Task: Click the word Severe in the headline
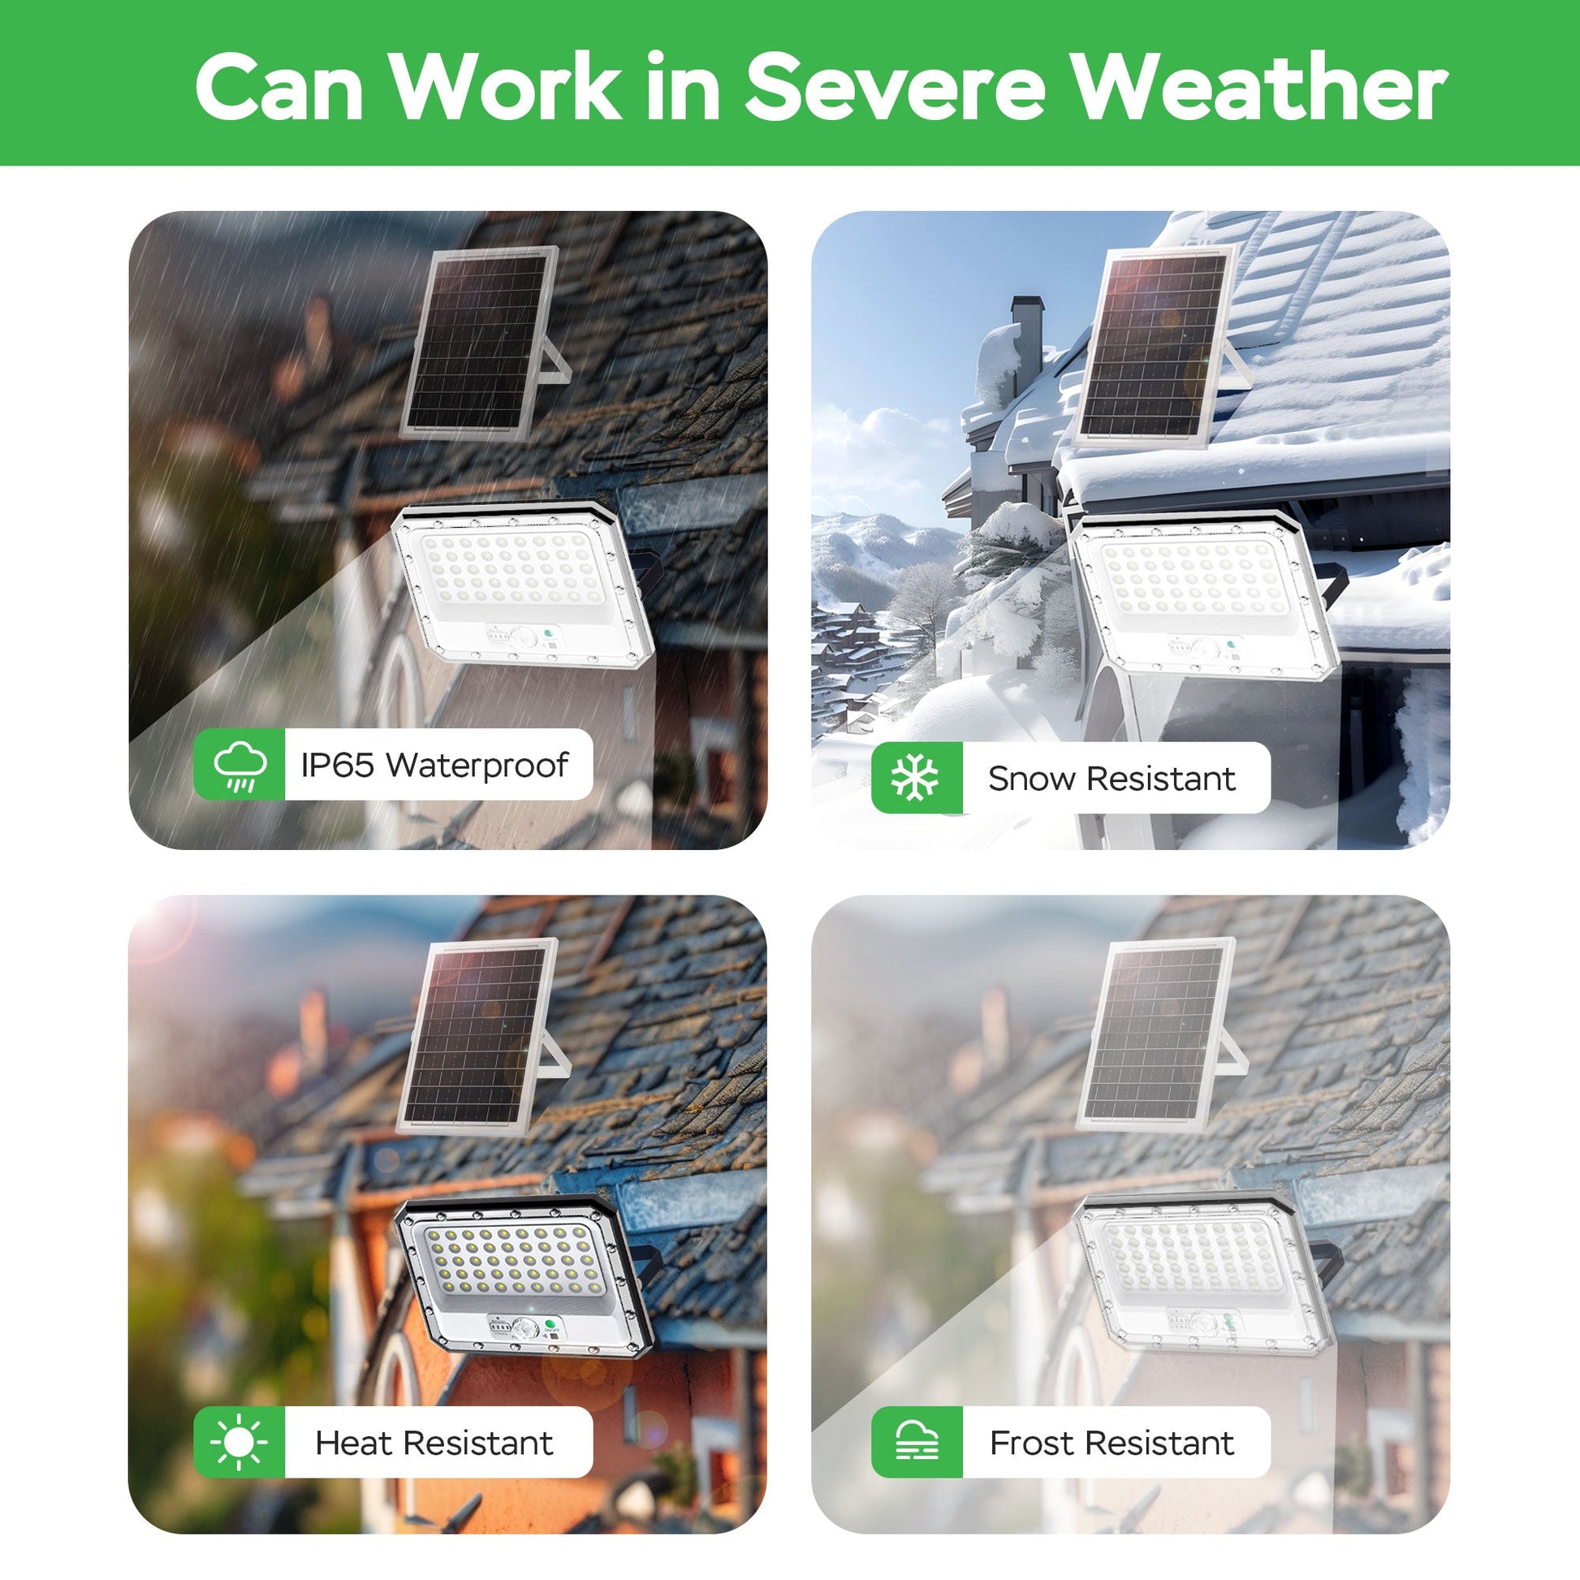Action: (895, 87)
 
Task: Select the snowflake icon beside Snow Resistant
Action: (916, 778)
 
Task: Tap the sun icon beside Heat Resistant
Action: (239, 1443)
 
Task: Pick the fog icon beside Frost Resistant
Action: (917, 1443)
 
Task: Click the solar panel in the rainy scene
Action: (482, 343)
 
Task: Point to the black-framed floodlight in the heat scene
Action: (524, 1276)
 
